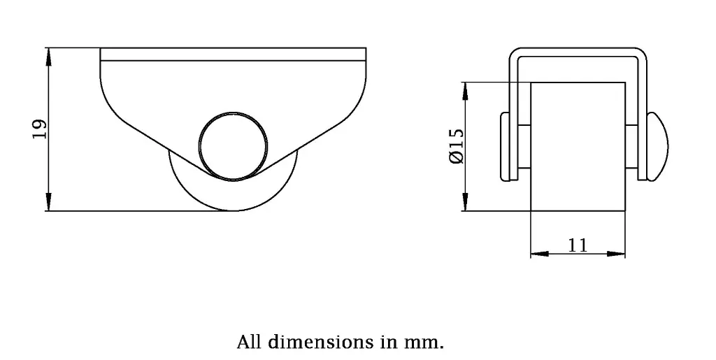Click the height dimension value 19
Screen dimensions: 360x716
(40, 129)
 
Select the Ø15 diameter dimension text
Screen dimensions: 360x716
(455, 146)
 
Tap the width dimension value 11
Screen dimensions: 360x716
(578, 245)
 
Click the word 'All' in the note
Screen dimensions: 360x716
(250, 343)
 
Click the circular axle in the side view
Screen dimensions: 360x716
(233, 143)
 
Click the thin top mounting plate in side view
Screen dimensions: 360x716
(233, 54)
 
